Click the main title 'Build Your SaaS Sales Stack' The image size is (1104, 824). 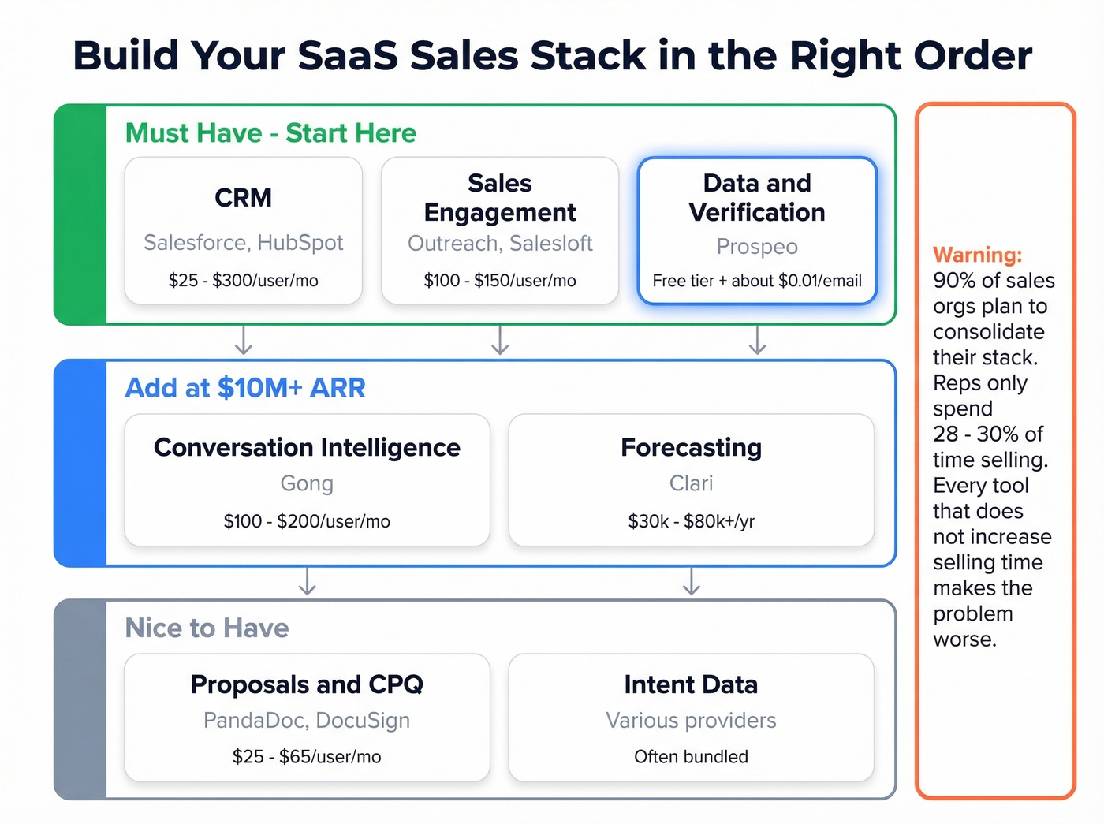552,55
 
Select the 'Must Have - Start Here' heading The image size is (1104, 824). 270,132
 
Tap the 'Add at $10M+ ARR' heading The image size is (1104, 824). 245,388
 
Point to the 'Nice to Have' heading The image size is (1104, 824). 207,628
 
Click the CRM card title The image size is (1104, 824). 243,197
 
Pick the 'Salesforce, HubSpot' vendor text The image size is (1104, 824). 243,243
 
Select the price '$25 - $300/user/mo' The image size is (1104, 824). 243,281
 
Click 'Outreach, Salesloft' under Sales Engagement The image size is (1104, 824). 500,244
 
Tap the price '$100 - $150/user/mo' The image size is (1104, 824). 500,281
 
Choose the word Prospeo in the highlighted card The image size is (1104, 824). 757,247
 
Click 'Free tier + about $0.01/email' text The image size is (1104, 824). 757,281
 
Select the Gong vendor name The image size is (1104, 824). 307,483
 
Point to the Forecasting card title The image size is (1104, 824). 691,447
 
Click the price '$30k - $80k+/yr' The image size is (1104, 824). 691,521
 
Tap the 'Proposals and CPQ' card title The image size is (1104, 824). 307,684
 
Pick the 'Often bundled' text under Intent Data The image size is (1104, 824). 691,757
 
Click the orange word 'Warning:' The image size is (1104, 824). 977,255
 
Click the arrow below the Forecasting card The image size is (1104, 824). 692,582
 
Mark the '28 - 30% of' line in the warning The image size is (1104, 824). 987,434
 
